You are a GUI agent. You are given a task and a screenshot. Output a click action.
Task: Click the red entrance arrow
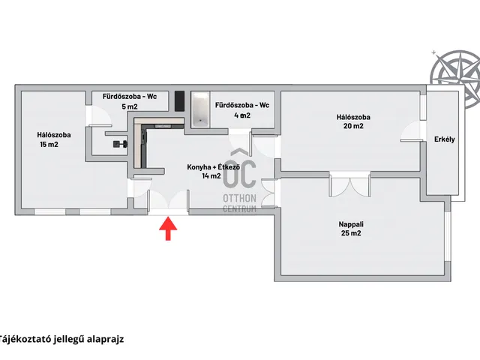167,229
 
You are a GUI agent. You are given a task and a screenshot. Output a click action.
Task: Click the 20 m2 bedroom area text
354,127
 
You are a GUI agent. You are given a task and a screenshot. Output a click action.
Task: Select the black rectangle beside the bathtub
179,100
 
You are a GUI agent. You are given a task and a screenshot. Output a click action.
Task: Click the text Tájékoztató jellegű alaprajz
61,337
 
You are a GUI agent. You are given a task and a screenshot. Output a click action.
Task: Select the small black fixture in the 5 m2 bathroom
118,142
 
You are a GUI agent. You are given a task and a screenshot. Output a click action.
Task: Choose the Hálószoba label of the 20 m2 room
354,117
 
